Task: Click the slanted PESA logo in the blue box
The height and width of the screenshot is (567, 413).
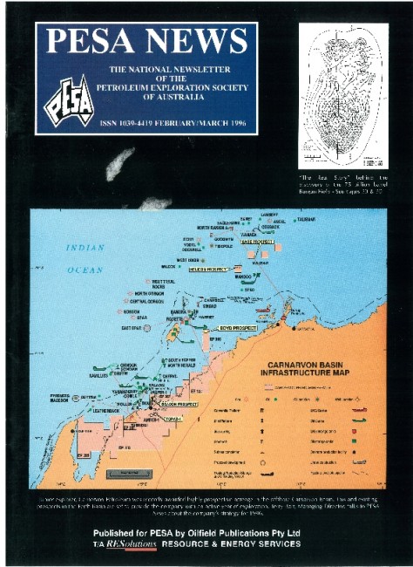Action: (66, 96)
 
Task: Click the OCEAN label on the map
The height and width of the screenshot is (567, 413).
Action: (85, 270)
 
